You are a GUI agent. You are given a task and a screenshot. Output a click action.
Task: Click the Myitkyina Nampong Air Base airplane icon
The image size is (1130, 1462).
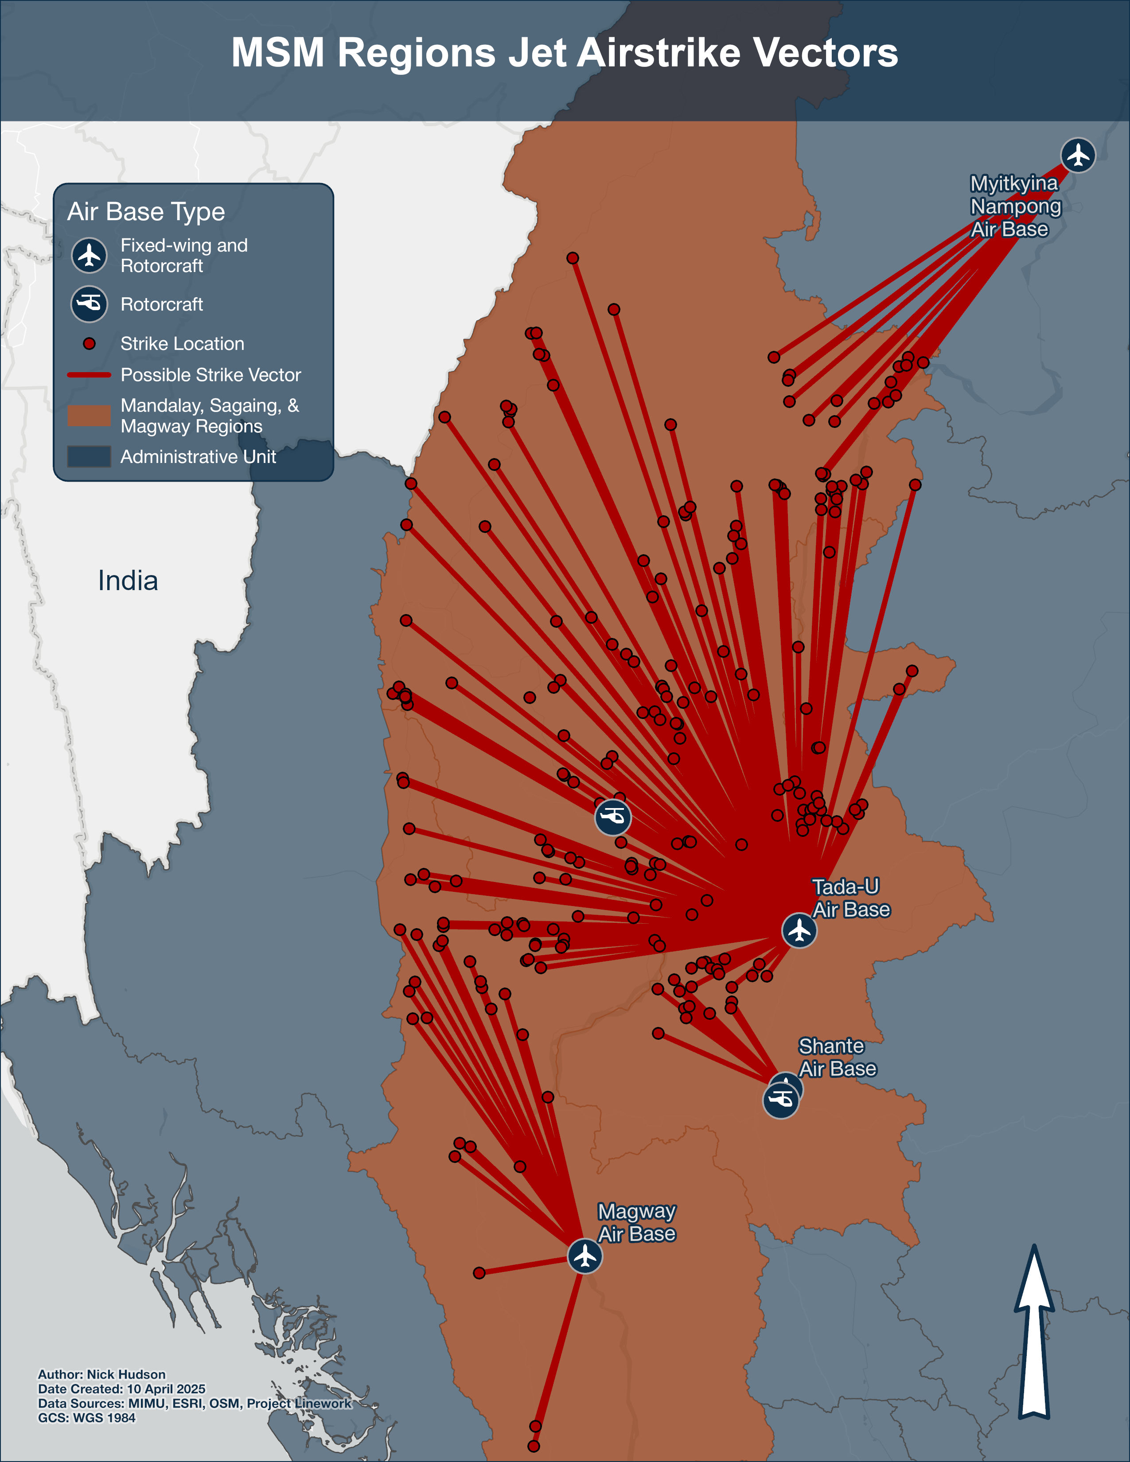point(1078,156)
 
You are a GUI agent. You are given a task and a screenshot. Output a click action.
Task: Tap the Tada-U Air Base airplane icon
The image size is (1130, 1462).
point(799,930)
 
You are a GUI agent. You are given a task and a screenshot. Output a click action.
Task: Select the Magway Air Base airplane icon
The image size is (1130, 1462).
point(585,1256)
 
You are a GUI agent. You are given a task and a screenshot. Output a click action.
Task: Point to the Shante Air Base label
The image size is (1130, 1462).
point(837,1057)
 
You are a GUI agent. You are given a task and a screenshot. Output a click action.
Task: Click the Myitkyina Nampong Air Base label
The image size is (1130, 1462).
point(1015,206)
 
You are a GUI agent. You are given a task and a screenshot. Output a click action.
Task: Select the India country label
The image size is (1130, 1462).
point(128,580)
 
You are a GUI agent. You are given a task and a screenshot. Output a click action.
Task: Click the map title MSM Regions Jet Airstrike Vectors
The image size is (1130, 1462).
point(564,52)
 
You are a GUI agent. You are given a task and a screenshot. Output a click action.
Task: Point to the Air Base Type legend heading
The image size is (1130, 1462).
point(146,211)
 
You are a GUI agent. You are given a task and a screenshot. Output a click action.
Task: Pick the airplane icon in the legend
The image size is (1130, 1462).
point(89,255)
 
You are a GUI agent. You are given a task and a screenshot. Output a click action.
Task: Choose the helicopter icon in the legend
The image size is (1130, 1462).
point(89,304)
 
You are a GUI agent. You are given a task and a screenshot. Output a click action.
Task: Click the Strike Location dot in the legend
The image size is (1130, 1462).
point(89,343)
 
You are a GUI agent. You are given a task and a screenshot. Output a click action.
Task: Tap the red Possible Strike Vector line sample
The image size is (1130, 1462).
point(89,375)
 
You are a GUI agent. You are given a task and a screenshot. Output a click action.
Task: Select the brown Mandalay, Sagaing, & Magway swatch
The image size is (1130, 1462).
point(89,416)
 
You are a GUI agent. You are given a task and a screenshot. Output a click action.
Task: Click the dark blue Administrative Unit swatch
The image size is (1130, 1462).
point(89,456)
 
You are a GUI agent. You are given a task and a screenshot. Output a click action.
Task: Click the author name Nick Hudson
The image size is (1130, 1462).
point(126,1374)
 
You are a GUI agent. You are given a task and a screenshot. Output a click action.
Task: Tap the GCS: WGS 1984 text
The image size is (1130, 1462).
point(86,1418)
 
